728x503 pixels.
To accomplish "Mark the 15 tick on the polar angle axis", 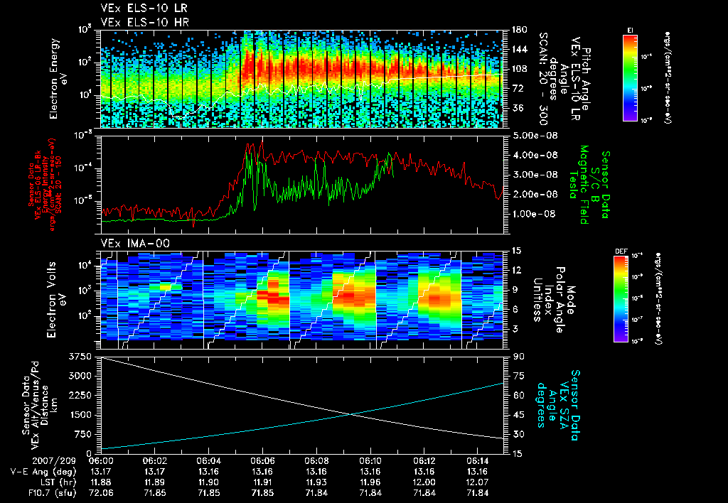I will pyautogui.click(x=516, y=251).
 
